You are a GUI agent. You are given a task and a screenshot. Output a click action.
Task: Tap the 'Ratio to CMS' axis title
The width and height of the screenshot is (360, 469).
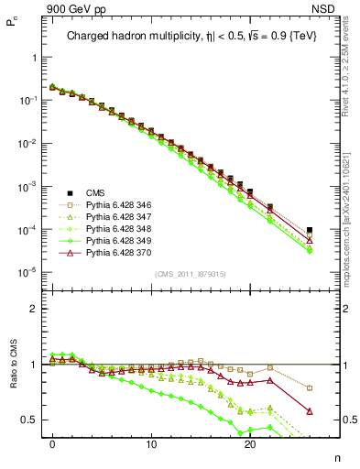click(x=11, y=377)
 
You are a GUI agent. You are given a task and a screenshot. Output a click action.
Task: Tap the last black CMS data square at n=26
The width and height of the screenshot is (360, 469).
click(x=310, y=230)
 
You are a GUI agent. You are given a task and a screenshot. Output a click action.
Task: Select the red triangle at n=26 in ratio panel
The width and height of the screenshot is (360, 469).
click(x=310, y=411)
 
